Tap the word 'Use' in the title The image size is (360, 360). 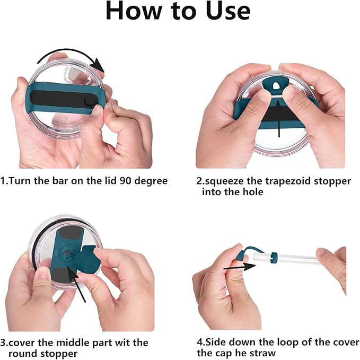pyautogui.click(x=228, y=11)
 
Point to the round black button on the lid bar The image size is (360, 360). pyautogui.click(x=90, y=101)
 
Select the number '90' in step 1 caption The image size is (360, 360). pyautogui.click(x=126, y=181)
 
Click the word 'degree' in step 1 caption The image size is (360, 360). pyautogui.click(x=151, y=182)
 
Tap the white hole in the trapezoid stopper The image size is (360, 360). pyautogui.click(x=276, y=86)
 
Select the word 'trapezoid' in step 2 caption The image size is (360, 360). pyautogui.click(x=288, y=182)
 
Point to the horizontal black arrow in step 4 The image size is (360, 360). pyautogui.click(x=240, y=267)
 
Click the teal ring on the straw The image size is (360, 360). pyautogui.click(x=274, y=258)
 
